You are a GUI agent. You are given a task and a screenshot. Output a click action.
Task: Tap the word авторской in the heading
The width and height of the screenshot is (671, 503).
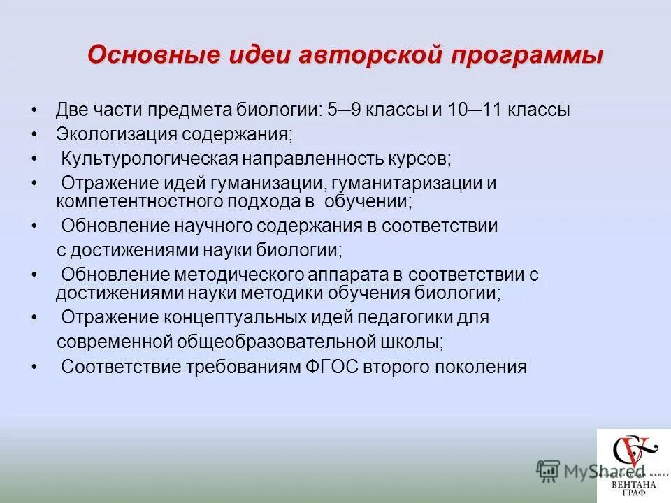pos(363,55)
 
